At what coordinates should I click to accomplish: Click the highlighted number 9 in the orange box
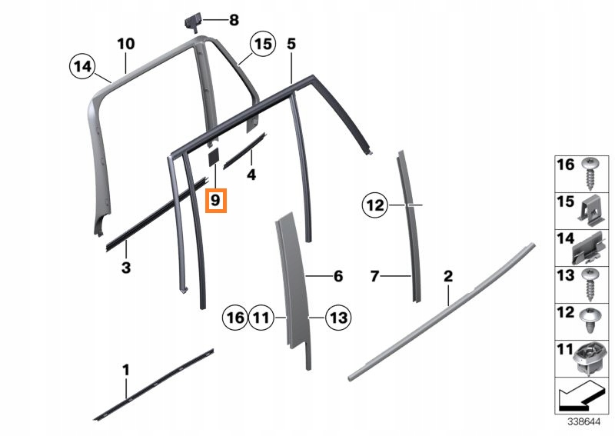(x=216, y=201)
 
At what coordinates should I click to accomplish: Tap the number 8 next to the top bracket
(x=234, y=20)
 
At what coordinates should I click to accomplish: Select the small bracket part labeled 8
(x=193, y=22)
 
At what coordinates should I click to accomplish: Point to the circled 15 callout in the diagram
(x=263, y=44)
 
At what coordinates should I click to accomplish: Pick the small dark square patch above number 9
(x=214, y=157)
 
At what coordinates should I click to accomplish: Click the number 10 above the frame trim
(x=126, y=44)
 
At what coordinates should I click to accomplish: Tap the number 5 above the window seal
(x=291, y=44)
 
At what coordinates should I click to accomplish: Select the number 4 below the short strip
(x=251, y=175)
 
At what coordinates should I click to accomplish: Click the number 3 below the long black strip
(x=126, y=268)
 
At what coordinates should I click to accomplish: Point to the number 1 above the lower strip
(x=126, y=370)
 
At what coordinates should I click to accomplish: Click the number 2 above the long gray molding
(x=448, y=276)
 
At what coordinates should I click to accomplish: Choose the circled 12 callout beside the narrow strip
(x=375, y=205)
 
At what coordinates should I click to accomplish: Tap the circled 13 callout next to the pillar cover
(x=338, y=317)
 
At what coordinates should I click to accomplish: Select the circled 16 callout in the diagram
(x=235, y=317)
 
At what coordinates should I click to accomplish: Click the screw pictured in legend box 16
(x=590, y=175)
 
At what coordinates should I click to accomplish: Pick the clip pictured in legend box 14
(x=588, y=249)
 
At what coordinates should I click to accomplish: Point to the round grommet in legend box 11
(x=588, y=359)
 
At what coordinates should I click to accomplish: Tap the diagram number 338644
(x=584, y=422)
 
